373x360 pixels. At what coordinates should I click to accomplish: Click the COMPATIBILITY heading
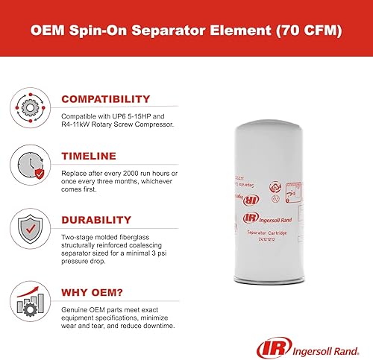[105, 99]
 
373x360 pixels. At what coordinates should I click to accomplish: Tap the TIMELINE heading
[88, 156]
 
